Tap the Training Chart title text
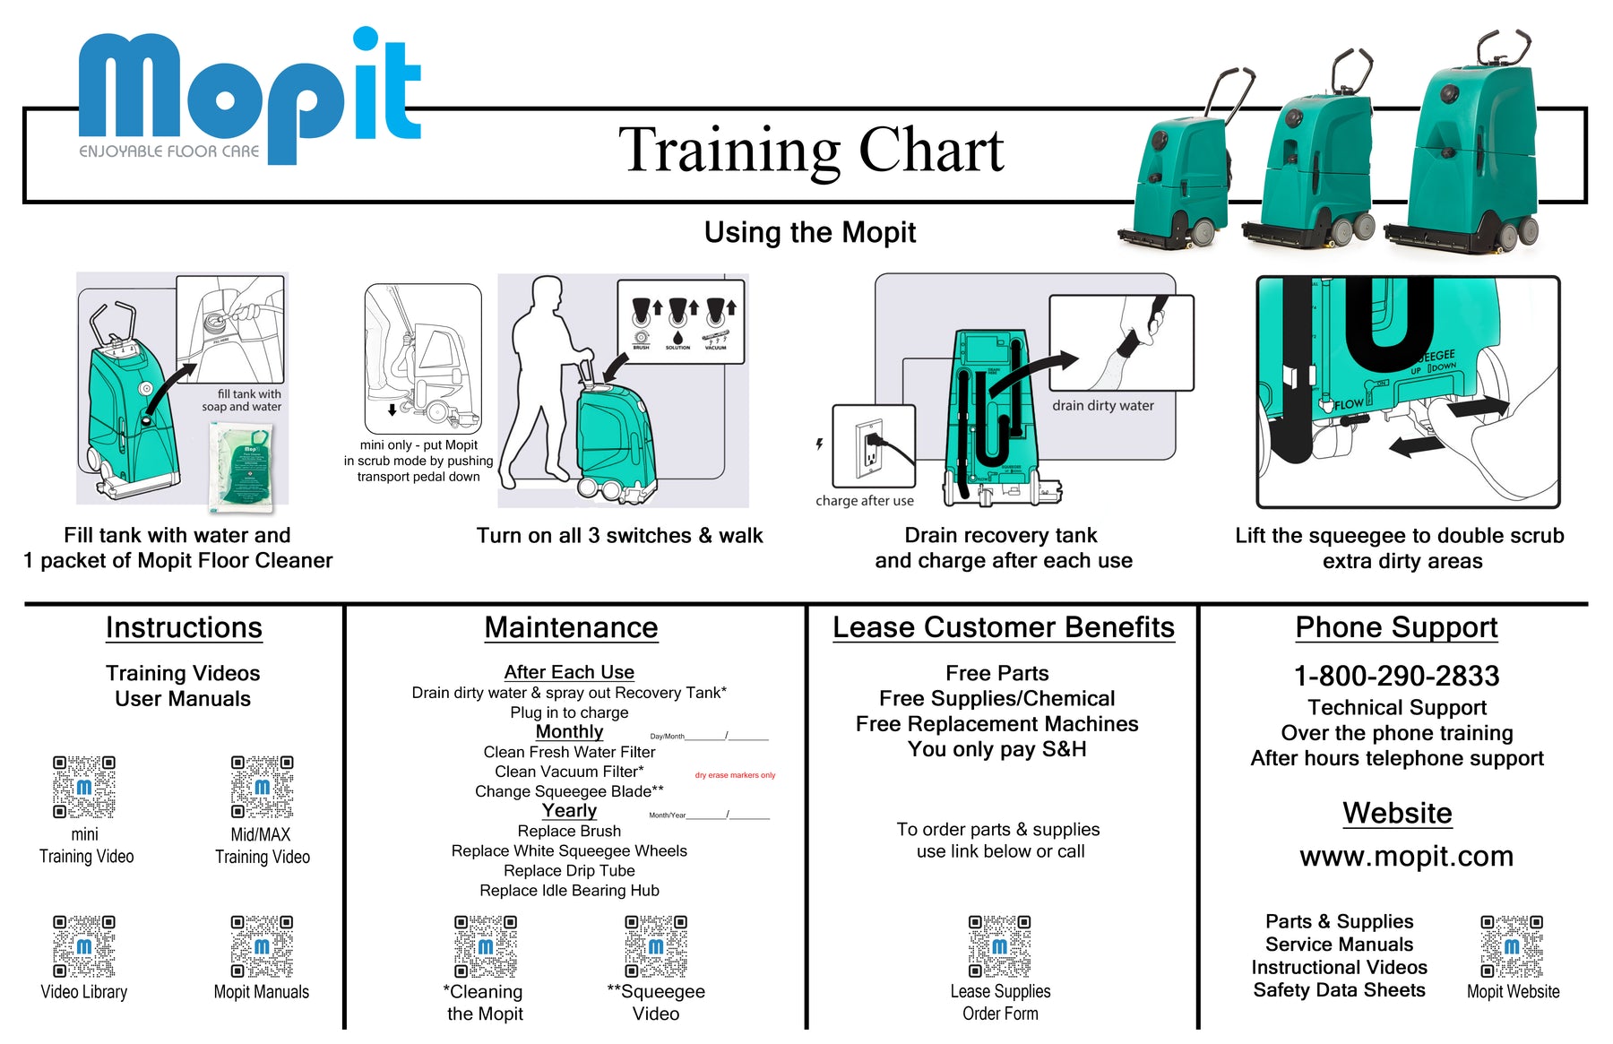click(811, 150)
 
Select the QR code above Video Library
click(83, 945)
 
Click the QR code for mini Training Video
click(83, 787)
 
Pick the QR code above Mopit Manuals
click(262, 945)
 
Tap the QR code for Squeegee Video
click(656, 945)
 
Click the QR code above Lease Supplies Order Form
click(999, 945)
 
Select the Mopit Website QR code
click(1512, 945)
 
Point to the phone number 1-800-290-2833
click(1396, 676)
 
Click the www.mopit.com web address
click(1406, 856)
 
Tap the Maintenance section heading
click(571, 627)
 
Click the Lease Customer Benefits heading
click(1003, 627)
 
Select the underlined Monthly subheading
click(569, 731)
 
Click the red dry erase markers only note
click(735, 775)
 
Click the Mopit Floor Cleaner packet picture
click(242, 466)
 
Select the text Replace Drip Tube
click(569, 870)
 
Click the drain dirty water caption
click(1102, 405)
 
